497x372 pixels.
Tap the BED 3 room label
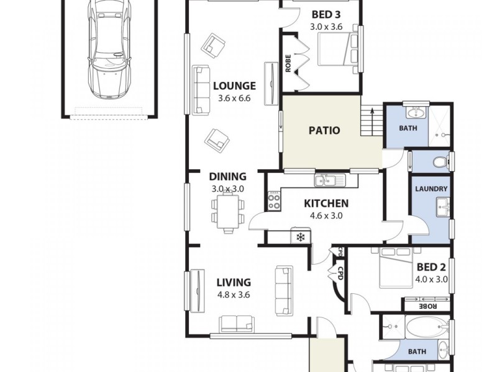tap(326, 15)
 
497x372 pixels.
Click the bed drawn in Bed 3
tap(337, 49)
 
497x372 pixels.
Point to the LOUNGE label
tap(234, 86)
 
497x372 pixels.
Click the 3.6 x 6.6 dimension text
tap(234, 98)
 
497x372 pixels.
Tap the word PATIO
tap(325, 130)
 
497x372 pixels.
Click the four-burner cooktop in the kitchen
tap(274, 199)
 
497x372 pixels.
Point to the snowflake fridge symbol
tap(301, 236)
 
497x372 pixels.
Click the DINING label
tap(227, 177)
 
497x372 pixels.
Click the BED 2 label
tap(431, 267)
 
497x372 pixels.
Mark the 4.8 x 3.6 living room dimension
tap(233, 295)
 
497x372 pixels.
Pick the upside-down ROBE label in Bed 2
tap(429, 306)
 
